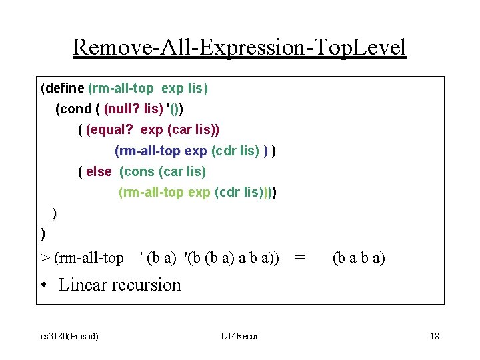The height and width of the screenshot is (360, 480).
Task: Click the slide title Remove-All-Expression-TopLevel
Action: click(239, 47)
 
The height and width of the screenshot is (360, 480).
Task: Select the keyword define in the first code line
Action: click(65, 87)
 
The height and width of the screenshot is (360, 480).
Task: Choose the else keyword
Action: click(99, 171)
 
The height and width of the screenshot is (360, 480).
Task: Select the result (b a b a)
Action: click(359, 257)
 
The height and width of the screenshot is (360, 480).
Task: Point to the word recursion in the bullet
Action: click(148, 285)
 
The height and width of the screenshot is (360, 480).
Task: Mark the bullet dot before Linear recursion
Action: click(44, 285)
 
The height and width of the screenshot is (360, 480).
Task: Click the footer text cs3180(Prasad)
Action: click(67, 336)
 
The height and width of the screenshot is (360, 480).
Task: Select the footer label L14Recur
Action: click(239, 336)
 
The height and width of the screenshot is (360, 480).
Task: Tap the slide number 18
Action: click(434, 336)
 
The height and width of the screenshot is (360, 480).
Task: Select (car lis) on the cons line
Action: click(182, 171)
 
